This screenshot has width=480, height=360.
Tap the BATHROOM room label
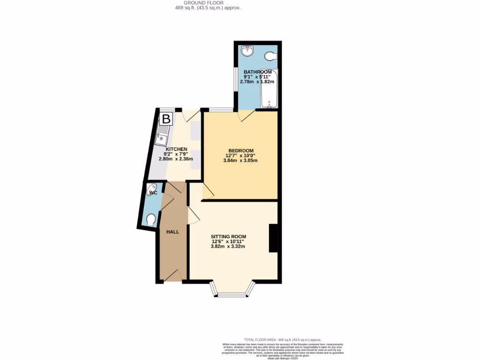pyautogui.click(x=257, y=72)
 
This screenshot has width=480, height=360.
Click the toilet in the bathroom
pyautogui.click(x=270, y=56)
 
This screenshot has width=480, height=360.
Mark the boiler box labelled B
pyautogui.click(x=166, y=119)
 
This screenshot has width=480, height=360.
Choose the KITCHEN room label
pyautogui.click(x=176, y=149)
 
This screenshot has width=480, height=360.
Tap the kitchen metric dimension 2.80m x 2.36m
pyautogui.click(x=176, y=159)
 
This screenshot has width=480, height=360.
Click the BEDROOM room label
pyautogui.click(x=240, y=150)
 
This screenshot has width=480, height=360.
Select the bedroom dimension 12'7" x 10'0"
pyautogui.click(x=240, y=156)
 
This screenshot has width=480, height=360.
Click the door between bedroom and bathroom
pyautogui.click(x=246, y=115)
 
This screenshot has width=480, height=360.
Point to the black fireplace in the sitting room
pyautogui.click(x=273, y=238)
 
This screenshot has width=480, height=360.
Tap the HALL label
pyautogui.click(x=173, y=232)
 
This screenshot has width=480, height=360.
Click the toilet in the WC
pyautogui.click(x=151, y=220)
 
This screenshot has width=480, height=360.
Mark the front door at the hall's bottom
pyautogui.click(x=171, y=277)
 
